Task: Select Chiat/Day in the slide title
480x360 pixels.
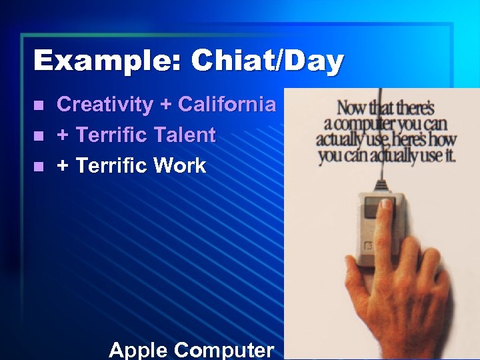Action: [267, 61]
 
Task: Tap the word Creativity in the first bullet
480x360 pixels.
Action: [105, 105]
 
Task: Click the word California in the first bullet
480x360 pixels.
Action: [227, 105]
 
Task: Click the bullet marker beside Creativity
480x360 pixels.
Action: [39, 105]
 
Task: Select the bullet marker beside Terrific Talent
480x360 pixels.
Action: [39, 136]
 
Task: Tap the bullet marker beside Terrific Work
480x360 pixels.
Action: [39, 167]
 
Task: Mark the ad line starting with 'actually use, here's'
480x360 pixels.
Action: [386, 141]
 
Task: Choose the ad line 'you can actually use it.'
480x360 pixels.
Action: [387, 157]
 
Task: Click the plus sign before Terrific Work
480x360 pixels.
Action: [63, 167]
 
